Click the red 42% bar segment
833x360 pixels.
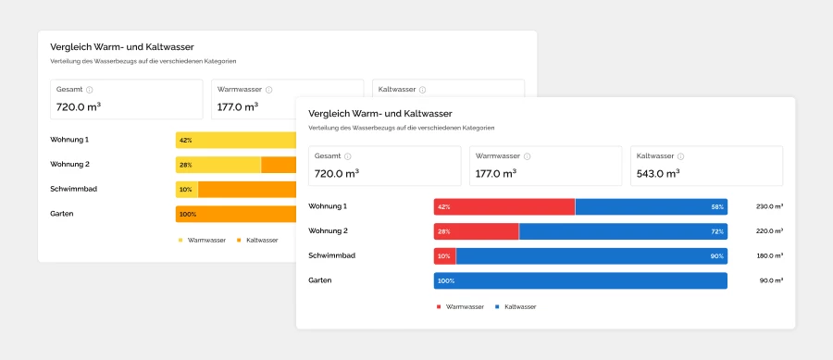(504, 207)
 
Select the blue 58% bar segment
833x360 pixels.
(651, 207)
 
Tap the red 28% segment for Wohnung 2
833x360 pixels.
(476, 231)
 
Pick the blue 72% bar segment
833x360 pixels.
(623, 231)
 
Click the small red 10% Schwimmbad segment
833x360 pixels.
(444, 255)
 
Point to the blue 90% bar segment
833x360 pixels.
(591, 255)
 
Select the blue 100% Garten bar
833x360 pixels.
(580, 280)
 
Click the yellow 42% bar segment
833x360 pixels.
(236, 140)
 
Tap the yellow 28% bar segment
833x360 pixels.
(218, 165)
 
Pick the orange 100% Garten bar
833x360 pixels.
(236, 214)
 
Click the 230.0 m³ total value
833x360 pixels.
(769, 207)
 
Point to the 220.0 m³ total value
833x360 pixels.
(769, 231)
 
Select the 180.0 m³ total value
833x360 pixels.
(769, 255)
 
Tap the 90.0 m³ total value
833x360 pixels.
(771, 280)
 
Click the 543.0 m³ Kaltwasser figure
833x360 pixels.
(657, 173)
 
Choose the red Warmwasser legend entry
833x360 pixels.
(459, 306)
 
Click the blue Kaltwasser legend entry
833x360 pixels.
(516, 306)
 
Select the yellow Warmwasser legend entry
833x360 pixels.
(202, 240)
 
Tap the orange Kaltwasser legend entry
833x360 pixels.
(257, 240)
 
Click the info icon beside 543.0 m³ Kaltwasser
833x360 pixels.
(680, 156)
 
